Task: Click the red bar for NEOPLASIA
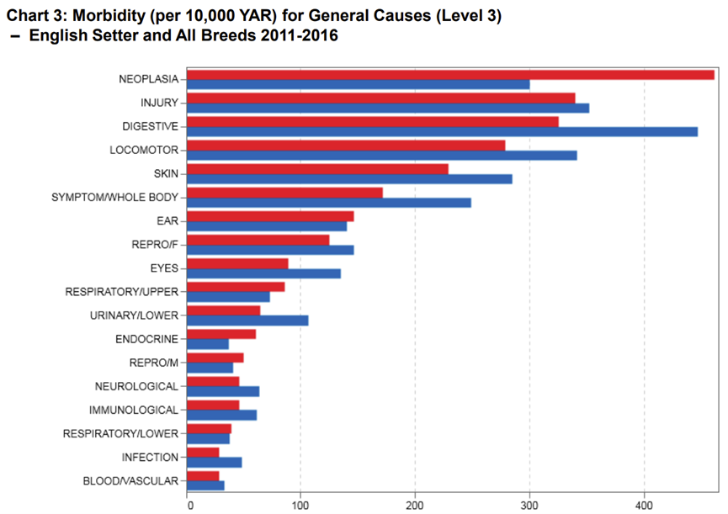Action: click(x=450, y=74)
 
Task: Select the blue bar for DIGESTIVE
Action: click(x=442, y=131)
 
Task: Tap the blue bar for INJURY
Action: click(x=387, y=108)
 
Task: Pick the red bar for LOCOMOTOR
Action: click(x=345, y=146)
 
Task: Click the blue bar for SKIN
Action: click(x=348, y=178)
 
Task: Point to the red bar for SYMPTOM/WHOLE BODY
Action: click(x=284, y=193)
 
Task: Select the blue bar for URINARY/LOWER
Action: click(x=247, y=321)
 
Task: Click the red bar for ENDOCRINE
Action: click(x=221, y=334)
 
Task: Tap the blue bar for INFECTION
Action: click(x=214, y=462)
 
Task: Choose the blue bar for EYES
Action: click(x=263, y=273)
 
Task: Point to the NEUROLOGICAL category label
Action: click(x=136, y=386)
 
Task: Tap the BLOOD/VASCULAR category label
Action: click(x=130, y=481)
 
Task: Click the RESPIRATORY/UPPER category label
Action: click(x=121, y=292)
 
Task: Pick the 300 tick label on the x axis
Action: click(x=529, y=506)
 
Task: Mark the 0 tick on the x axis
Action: click(x=189, y=506)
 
